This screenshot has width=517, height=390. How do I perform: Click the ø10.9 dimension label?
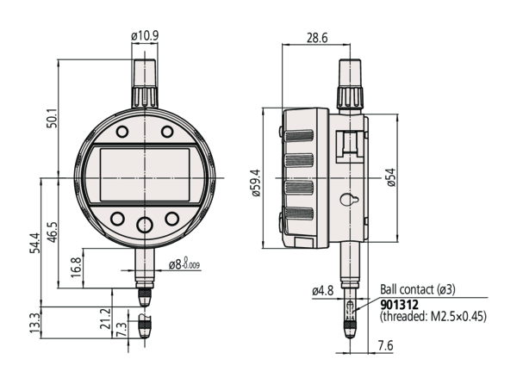coord(146,35)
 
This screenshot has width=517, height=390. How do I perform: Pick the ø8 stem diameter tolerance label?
coord(183,263)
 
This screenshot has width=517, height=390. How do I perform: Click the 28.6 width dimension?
coord(314,38)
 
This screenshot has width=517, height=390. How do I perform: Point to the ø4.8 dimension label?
coord(324,290)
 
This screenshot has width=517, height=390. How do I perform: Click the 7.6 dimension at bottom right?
coord(385,346)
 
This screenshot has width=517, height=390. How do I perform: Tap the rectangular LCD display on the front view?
coord(145,175)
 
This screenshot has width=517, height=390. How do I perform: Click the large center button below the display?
coord(145,225)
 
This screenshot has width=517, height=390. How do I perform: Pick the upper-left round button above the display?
coord(121,133)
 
